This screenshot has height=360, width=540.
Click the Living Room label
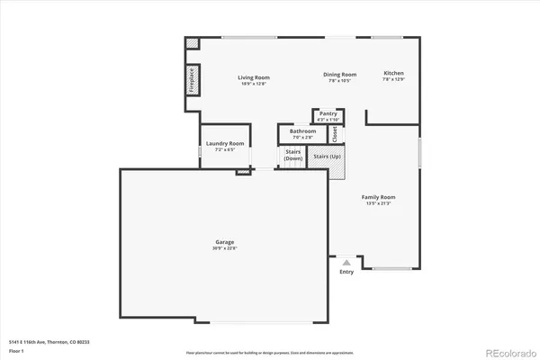tap(254, 77)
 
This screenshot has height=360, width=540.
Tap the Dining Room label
tap(340, 75)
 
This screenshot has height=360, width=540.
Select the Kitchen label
tap(393, 73)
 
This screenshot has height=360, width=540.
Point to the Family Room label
tap(379, 197)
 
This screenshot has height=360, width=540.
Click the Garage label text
tap(224, 243)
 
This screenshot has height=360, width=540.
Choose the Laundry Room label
tap(225, 143)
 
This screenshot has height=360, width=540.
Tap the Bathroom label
tap(296, 131)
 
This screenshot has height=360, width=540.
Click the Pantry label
tap(328, 114)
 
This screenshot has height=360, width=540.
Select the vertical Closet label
tap(334, 133)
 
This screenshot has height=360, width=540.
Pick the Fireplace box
tap(192, 80)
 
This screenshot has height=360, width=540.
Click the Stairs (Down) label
tap(292, 155)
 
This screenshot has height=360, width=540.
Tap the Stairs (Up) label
tap(326, 157)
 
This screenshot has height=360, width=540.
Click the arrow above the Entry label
tap(346, 262)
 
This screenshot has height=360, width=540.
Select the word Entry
tap(346, 271)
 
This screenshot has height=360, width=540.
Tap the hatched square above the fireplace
tap(192, 43)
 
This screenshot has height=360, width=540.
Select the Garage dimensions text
tap(224, 249)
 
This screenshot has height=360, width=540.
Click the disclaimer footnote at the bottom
tap(269, 353)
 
